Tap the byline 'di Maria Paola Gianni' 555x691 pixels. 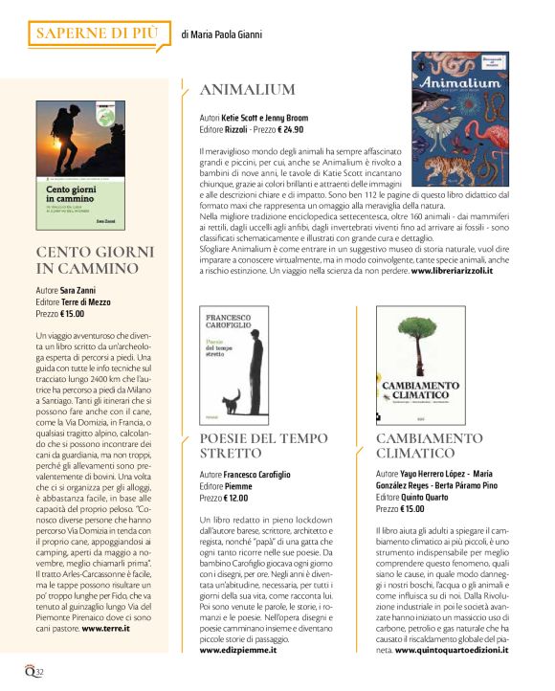pyautogui.click(x=221, y=35)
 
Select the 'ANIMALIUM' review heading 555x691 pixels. pyautogui.click(x=247, y=90)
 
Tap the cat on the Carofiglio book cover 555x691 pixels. pyautogui.click(x=231, y=396)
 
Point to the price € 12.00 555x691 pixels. pyautogui.click(x=235, y=498)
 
